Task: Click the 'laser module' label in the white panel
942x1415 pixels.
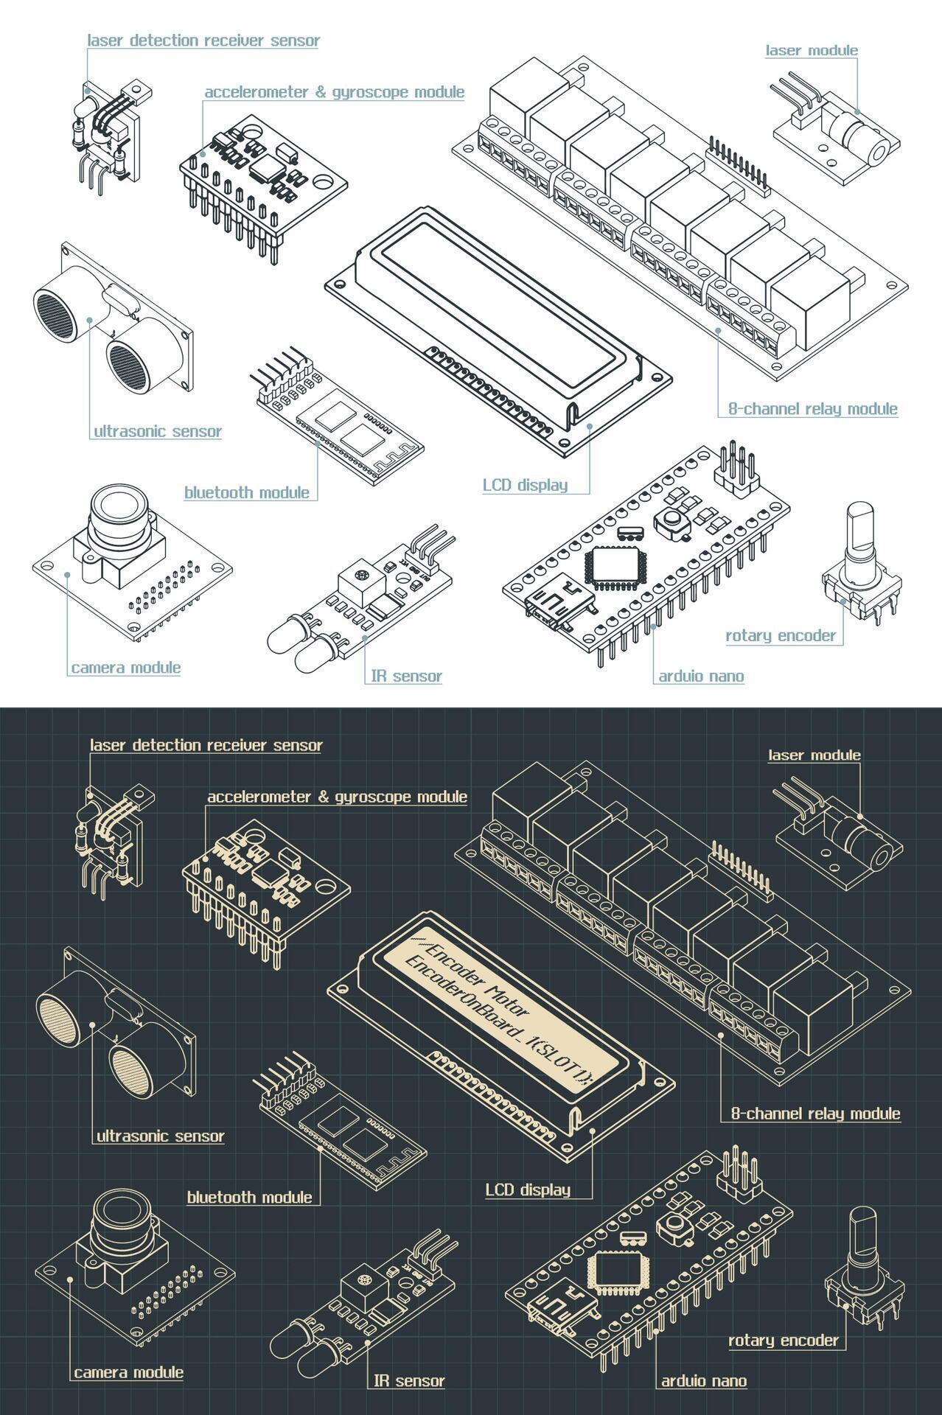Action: click(x=811, y=50)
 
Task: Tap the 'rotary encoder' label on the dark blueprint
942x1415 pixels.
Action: click(x=784, y=1341)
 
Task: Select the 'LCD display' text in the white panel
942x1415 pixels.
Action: click(x=525, y=485)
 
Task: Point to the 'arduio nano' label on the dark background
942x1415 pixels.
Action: click(x=703, y=1381)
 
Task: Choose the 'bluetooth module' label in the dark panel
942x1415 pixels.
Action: click(x=249, y=1198)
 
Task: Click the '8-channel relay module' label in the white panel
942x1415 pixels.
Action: click(x=812, y=409)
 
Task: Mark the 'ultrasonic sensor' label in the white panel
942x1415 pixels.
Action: click(x=158, y=431)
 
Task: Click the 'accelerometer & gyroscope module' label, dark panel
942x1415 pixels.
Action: click(x=337, y=797)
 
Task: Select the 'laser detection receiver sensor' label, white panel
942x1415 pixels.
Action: click(x=203, y=41)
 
